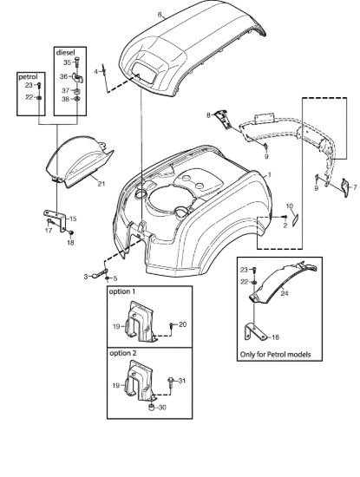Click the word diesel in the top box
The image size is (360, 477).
coord(65,52)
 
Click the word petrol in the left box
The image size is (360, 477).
coord(28,76)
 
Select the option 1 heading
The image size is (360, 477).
coord(122,291)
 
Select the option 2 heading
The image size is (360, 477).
coord(123,353)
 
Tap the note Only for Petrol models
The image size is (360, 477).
coord(275,355)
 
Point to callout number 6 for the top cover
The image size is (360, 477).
coord(160,14)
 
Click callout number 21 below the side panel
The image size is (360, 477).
coord(101,184)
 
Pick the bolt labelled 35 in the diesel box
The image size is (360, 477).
coord(76,62)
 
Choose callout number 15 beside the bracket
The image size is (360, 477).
coord(73,219)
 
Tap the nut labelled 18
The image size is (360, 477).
coord(71,233)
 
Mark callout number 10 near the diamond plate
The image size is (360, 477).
coord(290,206)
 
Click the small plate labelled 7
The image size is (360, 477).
coord(345,188)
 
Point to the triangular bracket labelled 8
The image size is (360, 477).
coord(222,119)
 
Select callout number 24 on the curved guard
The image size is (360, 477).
coord(285,293)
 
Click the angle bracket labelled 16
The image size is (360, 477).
coord(253,331)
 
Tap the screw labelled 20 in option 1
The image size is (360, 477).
coord(172,326)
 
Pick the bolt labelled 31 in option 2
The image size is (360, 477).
coord(170,382)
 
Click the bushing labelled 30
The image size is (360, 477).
coord(151,408)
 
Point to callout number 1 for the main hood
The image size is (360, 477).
coord(269,175)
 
